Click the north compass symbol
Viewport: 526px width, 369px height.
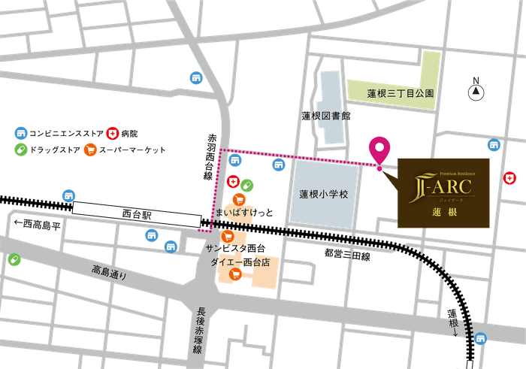pos(476,92)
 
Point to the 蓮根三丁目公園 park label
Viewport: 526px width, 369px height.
pos(401,94)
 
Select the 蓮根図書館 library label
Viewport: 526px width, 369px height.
pos(327,116)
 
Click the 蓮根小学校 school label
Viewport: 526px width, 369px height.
pos(324,194)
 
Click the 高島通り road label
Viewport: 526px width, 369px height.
pos(110,271)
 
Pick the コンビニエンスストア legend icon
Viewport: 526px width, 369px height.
pos(20,133)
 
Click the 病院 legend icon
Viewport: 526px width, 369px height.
pos(113,133)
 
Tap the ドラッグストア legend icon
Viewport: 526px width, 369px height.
pos(20,150)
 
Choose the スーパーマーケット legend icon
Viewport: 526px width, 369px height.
pos(90,150)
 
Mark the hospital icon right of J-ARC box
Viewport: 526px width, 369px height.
pos(511,178)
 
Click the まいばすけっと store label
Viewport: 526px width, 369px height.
pos(245,213)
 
